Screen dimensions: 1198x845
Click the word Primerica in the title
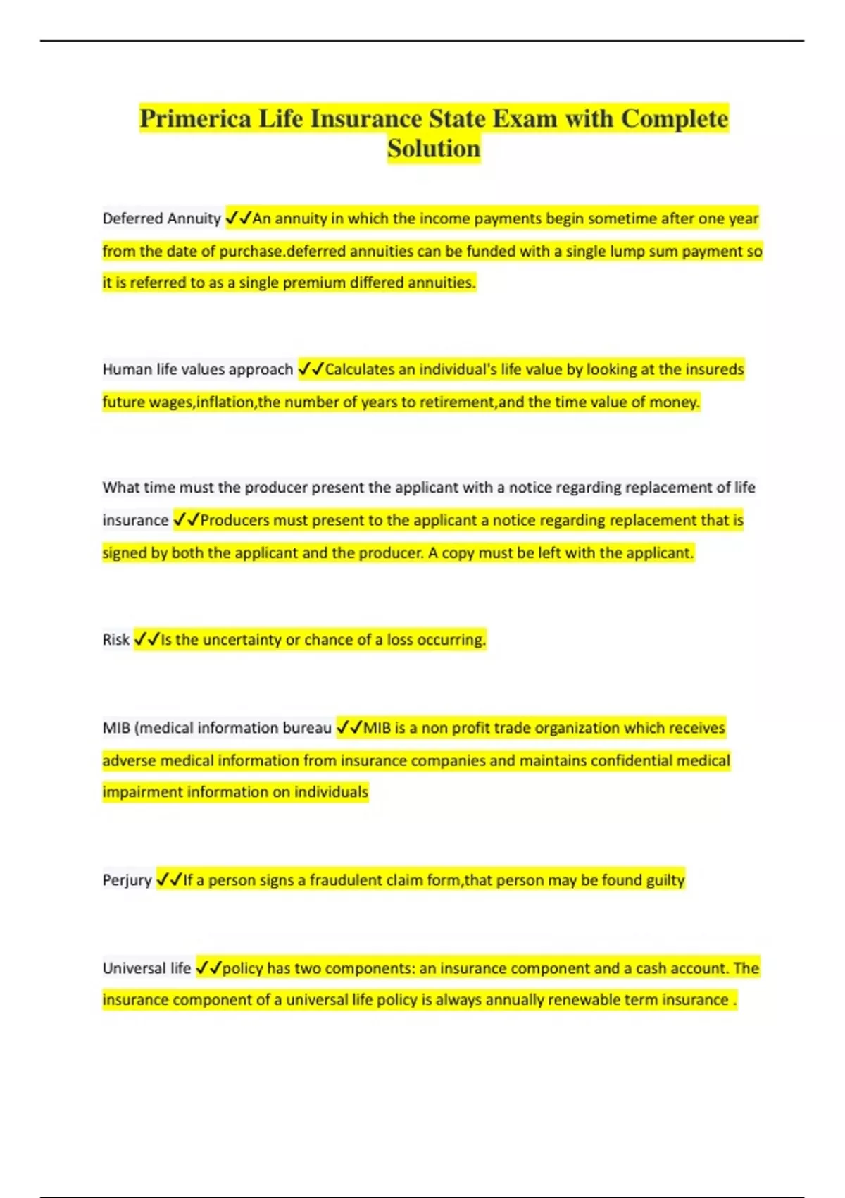pos(195,118)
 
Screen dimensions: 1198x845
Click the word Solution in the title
pos(434,149)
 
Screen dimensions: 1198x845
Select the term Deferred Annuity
pos(161,218)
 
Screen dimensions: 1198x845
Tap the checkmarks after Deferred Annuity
pos(238,218)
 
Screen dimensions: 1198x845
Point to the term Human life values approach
pos(197,369)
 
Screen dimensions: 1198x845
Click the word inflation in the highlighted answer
pos(225,402)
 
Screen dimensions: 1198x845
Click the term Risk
pos(115,639)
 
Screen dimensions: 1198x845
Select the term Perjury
pos(127,879)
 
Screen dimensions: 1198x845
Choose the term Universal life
pos(146,968)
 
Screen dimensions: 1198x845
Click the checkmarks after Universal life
pos(208,968)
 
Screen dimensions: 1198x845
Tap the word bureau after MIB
pos(306,727)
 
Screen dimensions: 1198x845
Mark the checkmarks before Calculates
pos(311,369)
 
